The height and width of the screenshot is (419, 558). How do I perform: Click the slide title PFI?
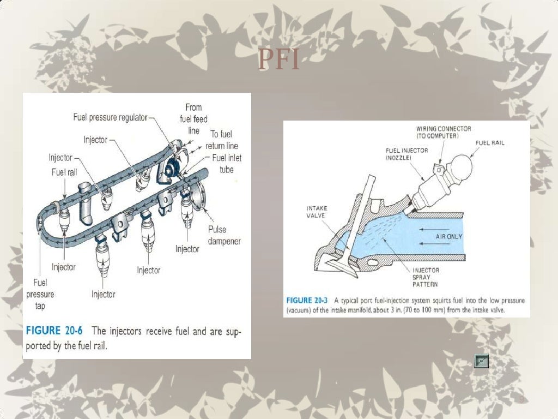[x=279, y=61]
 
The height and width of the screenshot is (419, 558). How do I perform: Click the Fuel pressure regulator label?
[x=110, y=118]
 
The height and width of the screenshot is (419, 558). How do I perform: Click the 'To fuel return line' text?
[x=221, y=140]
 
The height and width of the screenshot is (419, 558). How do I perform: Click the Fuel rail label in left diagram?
[x=63, y=172]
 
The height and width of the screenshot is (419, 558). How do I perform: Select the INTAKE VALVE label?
[x=316, y=211]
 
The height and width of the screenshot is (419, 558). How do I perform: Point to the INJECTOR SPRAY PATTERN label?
[x=425, y=277]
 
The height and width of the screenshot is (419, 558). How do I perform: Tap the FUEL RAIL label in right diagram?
[x=490, y=143]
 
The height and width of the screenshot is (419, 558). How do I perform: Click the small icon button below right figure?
[x=481, y=361]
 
